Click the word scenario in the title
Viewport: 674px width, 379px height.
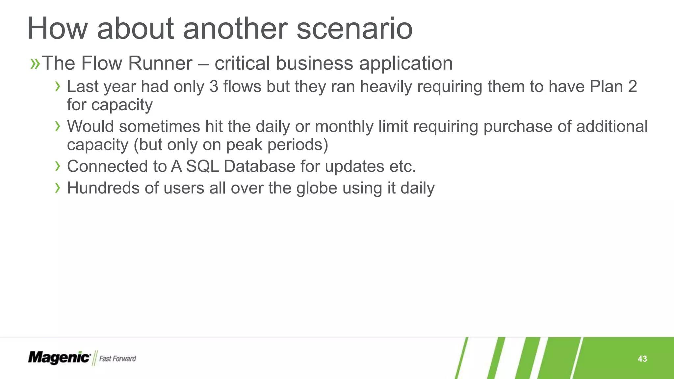[354, 29]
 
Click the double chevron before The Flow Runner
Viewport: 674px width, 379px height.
[35, 63]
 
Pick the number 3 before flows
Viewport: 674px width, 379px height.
[214, 87]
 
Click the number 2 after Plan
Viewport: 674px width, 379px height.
[632, 87]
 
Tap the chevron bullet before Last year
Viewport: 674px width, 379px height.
[58, 87]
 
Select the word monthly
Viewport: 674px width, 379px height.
[344, 127]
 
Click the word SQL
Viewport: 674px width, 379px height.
[202, 166]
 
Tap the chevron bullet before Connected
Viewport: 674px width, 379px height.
[58, 166]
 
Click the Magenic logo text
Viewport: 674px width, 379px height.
[59, 358]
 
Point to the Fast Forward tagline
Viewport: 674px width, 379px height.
[117, 359]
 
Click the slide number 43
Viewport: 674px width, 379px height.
[642, 359]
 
